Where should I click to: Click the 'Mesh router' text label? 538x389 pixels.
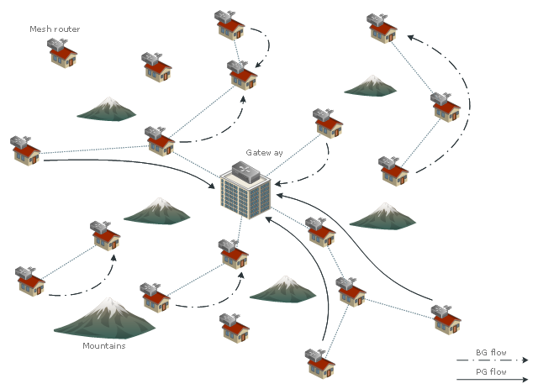coord(55,29)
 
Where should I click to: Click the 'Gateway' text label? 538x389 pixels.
coord(264,153)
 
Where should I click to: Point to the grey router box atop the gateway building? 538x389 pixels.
coord(246,171)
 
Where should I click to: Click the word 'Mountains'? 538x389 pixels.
coord(104,346)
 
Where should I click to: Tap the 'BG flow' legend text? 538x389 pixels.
coord(491,353)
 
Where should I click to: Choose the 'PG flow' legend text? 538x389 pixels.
coord(491,371)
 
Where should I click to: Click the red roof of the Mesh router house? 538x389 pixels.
coord(64,52)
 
